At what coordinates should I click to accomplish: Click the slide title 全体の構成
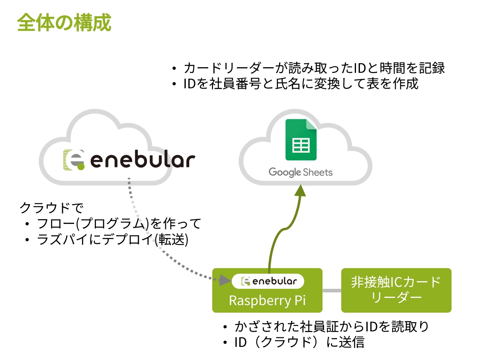64,23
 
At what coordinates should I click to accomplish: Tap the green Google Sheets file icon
301,140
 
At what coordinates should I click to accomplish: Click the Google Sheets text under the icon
301,173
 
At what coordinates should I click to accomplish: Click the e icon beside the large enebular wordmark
74,160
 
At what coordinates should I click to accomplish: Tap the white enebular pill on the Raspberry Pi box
268,281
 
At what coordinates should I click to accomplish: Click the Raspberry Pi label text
267,300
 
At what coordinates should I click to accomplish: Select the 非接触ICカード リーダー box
396,290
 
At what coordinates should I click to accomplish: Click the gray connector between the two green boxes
332,290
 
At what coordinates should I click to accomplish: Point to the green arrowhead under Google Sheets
301,191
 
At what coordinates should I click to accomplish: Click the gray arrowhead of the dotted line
225,280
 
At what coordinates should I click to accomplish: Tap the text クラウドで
51,208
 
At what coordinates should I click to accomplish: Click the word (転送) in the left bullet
171,239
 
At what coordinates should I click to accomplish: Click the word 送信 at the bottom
352,342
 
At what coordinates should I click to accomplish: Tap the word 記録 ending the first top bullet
432,68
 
